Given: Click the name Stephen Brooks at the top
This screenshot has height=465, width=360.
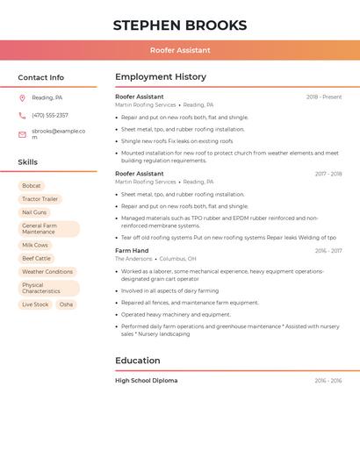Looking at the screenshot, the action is point(180,25).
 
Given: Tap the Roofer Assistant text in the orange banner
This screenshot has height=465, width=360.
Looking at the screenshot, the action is point(180,51).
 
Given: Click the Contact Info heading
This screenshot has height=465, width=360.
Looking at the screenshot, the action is point(40,77).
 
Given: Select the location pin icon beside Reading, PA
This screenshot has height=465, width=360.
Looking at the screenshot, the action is point(22,97).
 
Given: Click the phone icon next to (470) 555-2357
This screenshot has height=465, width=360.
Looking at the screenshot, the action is point(22,115).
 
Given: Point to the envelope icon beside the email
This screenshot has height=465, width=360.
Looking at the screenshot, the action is point(22,134).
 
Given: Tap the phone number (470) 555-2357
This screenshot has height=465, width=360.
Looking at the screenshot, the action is point(50,115).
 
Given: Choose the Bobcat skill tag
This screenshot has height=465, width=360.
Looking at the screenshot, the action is point(32,186).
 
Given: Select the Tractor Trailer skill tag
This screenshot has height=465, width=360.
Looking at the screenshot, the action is point(40,199).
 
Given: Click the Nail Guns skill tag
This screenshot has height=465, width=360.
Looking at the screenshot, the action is point(34,212).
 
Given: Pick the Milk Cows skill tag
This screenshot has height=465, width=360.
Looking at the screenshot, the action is point(35,246).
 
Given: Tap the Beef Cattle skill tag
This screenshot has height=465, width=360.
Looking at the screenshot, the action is point(36,259).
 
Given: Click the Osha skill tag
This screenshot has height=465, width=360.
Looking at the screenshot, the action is point(66,304).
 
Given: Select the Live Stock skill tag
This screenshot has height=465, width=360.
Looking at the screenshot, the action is point(35,304).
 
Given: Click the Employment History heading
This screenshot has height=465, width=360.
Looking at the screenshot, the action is point(161,77).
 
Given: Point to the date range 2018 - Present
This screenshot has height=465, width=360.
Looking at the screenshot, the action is point(324,97).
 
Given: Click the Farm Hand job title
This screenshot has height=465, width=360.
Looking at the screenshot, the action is point(132,251).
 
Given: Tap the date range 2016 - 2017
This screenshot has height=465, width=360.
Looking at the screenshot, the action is point(328,251).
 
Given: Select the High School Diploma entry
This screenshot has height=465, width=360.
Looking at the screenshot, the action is point(146,381).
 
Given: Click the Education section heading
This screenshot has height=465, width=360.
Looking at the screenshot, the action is point(138,361).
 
